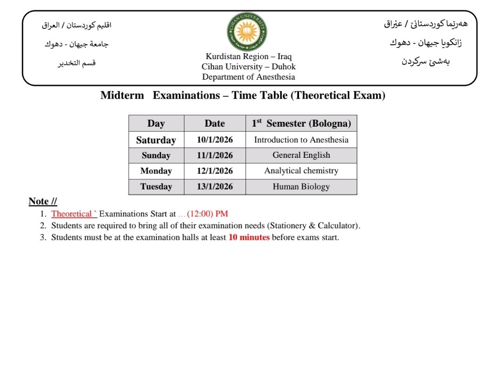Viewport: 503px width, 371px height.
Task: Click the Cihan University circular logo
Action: [x=247, y=32]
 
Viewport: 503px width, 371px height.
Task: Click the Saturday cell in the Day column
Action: [x=156, y=140]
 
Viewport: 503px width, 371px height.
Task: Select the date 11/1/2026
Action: [x=215, y=155]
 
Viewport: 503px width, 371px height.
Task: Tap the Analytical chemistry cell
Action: [x=301, y=171]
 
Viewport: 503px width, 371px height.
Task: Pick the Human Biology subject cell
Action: [x=301, y=187]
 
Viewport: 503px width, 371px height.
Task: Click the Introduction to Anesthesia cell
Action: [x=301, y=140]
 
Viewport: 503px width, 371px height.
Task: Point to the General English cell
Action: [x=301, y=155]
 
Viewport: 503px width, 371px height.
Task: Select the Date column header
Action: [x=215, y=123]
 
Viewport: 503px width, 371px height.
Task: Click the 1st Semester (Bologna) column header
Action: [x=301, y=123]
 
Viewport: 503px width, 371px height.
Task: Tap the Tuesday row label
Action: [x=156, y=187]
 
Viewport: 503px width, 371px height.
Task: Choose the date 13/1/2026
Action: [x=215, y=187]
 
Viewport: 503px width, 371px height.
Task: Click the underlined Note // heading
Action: [x=43, y=202]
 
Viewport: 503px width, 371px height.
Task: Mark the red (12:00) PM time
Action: [x=207, y=214]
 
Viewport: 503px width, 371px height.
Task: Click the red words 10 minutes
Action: [x=249, y=237]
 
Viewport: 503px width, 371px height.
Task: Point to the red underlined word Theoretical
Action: [x=72, y=214]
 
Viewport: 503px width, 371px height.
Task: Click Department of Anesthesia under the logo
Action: [x=249, y=77]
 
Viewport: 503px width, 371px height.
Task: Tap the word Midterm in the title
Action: [x=122, y=96]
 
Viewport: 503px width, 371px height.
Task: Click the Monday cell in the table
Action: [x=156, y=171]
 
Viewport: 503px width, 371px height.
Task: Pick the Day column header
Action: [x=156, y=123]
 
